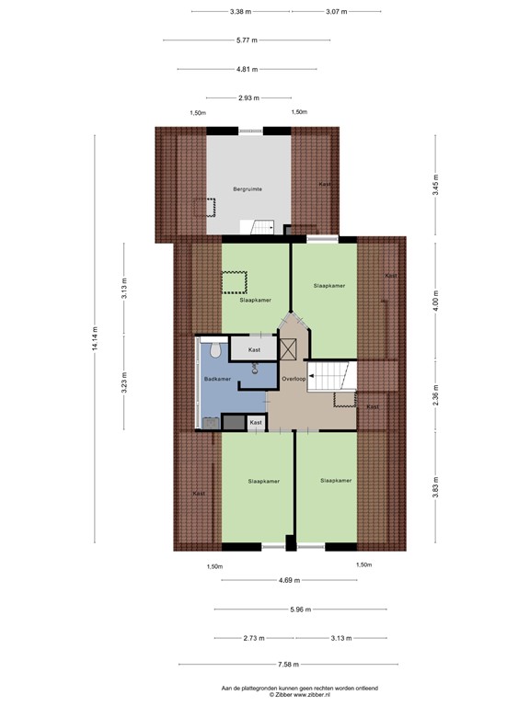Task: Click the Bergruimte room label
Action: [247, 188]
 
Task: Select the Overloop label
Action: [294, 379]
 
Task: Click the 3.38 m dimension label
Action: [241, 12]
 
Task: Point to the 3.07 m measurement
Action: [336, 12]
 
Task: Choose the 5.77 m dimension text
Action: [246, 40]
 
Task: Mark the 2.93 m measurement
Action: [246, 97]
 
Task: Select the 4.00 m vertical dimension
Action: [435, 301]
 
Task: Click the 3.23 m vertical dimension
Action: [124, 386]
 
